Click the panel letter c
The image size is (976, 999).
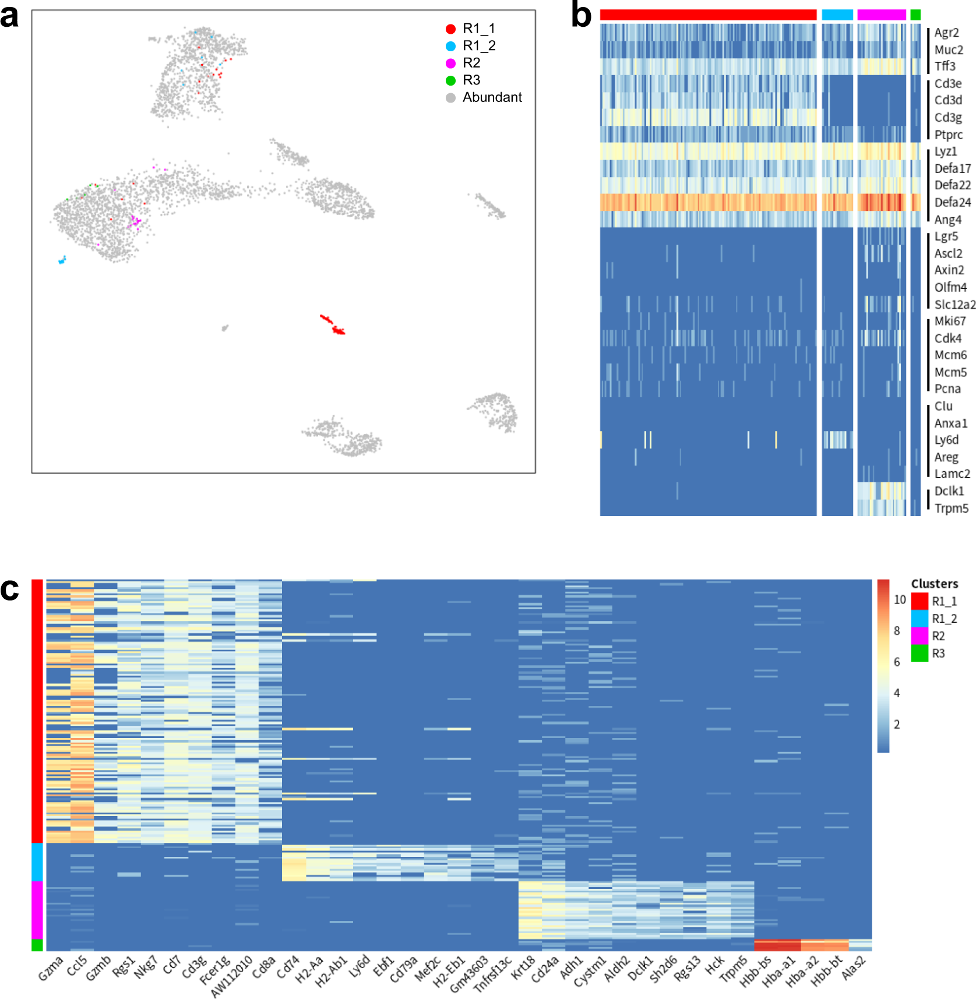(9, 589)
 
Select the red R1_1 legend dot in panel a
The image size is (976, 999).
(450, 29)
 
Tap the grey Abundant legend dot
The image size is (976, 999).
(450, 98)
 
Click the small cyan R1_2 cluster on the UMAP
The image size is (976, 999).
(62, 260)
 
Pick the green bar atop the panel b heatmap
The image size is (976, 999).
(915, 15)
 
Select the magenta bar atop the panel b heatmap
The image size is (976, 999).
(881, 15)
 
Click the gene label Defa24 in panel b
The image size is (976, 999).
(953, 203)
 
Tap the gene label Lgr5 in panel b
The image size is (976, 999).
(946, 236)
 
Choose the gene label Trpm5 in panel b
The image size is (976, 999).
(952, 509)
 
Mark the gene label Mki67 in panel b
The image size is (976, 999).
(950, 322)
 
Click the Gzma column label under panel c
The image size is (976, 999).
(51, 968)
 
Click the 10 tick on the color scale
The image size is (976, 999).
(900, 600)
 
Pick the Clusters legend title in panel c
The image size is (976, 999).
(935, 584)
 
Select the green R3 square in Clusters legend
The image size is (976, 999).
(919, 653)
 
